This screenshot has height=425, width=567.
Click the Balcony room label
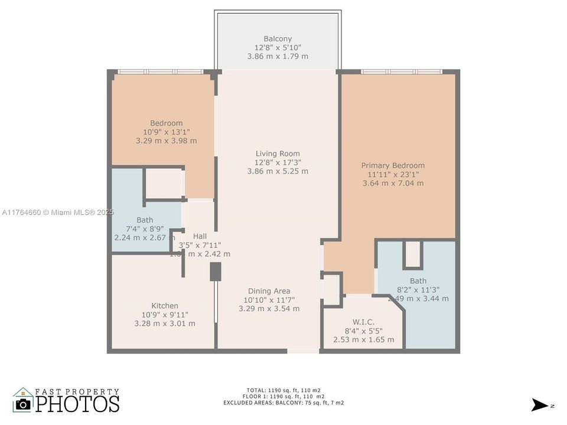pos(278,39)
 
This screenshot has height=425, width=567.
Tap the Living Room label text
pos(278,154)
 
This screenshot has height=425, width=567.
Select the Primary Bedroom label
pos(393,166)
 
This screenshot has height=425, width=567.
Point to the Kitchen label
pos(165,306)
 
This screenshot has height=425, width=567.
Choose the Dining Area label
pos(269,291)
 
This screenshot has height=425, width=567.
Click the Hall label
pos(200,236)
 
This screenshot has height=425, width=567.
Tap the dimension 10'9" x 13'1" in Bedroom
pos(166,132)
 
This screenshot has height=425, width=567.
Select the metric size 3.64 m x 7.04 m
pos(393,184)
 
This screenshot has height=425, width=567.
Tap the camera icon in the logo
pos(23,404)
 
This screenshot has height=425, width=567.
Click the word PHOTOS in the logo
pos(77,404)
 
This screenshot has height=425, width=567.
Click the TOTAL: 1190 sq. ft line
pos(283,390)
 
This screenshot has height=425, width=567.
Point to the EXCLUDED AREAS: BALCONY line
pos(283,403)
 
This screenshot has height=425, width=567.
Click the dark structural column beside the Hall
pos(216,272)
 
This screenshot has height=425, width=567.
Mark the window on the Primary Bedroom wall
pos(401,72)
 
